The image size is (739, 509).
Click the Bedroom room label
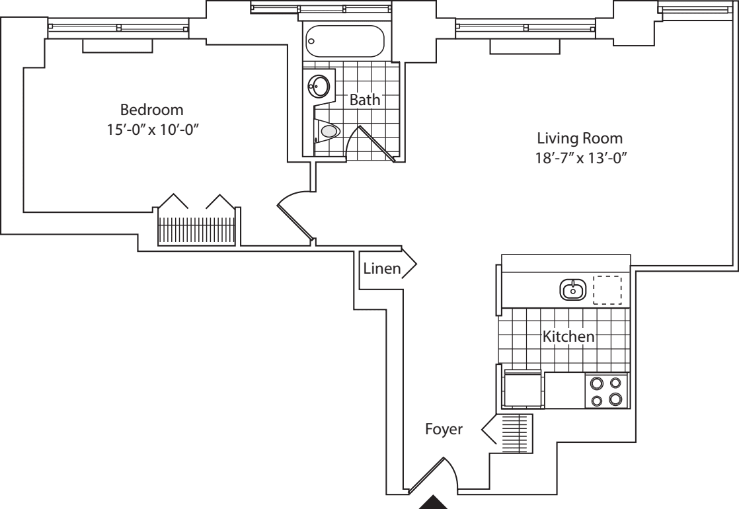click(151, 109)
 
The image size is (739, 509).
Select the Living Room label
click(580, 139)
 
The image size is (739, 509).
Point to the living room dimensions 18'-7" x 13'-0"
click(580, 158)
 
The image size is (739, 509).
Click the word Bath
click(365, 100)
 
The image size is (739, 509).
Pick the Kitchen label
click(568, 336)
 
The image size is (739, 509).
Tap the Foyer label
click(444, 430)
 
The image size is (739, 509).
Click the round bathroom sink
click(321, 86)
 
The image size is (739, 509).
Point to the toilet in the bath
click(328, 132)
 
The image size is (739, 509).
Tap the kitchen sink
click(572, 289)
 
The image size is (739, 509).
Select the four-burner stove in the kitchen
click(607, 391)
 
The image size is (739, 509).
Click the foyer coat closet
click(513, 433)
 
